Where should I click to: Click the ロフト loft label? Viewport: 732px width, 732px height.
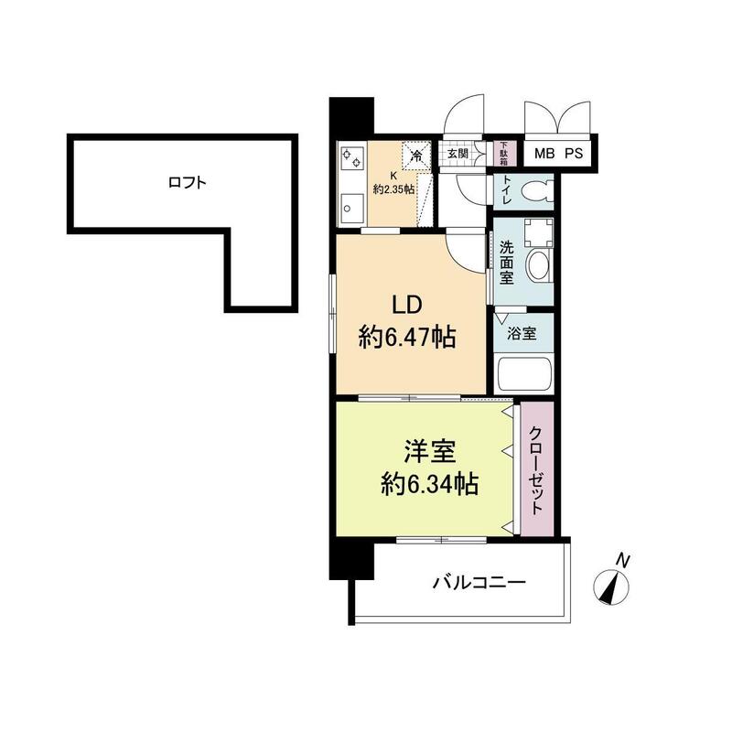(x=187, y=182)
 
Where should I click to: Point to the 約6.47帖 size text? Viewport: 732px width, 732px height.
(x=407, y=339)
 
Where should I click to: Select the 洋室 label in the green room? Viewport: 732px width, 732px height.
(x=429, y=451)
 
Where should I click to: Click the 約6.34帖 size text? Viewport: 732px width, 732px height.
(x=429, y=484)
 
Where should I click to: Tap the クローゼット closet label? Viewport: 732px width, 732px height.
(x=537, y=471)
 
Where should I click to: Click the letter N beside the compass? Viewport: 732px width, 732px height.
(x=622, y=558)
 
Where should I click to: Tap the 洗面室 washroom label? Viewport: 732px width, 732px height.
(x=507, y=262)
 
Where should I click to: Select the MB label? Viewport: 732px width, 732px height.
(x=544, y=153)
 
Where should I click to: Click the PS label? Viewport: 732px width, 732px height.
(x=574, y=153)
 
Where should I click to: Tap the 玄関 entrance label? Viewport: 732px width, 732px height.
(x=457, y=153)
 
